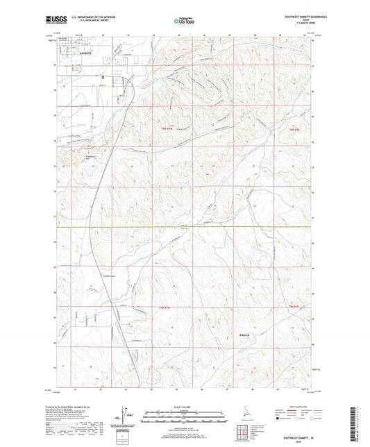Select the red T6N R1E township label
[292, 128]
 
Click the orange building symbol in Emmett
[103, 76]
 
